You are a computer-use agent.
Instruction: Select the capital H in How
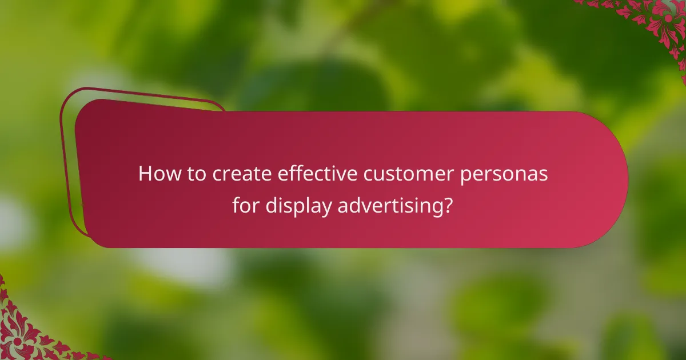pyautogui.click(x=145, y=174)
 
